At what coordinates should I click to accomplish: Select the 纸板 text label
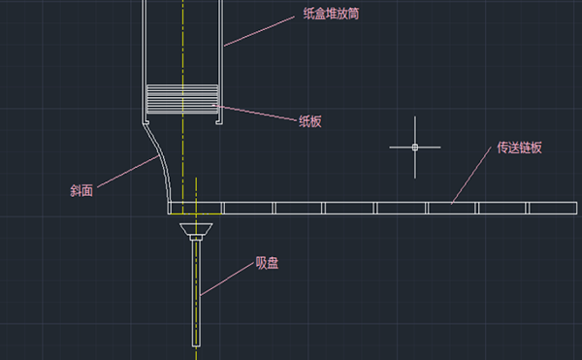point(309,121)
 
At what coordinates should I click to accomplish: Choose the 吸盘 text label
point(267,262)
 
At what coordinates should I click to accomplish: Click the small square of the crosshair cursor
point(415,147)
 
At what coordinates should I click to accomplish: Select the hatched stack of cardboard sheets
point(181,99)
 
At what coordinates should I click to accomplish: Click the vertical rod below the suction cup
point(198,291)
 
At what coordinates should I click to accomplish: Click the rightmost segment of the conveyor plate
point(554,208)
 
